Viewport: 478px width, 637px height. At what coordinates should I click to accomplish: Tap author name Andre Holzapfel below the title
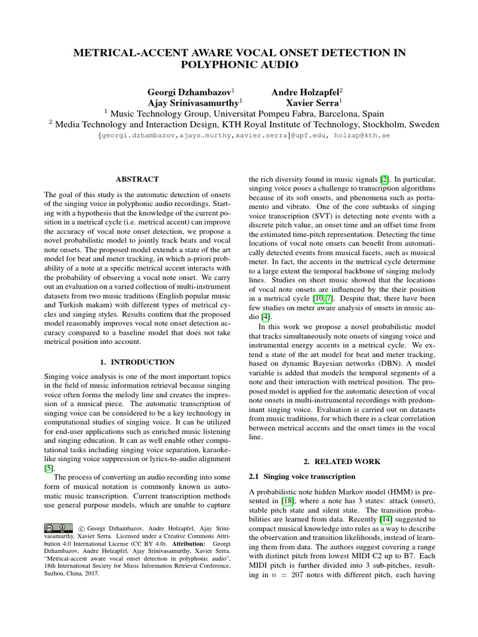pos(308,91)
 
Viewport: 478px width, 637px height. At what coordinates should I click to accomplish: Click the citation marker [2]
pos(385,180)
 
